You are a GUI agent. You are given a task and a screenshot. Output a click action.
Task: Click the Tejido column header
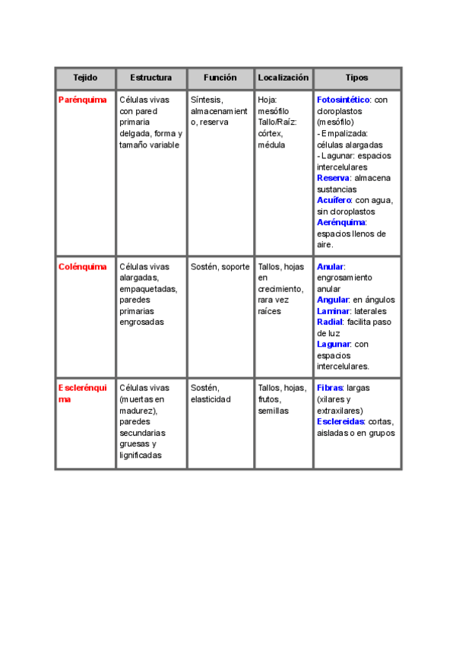85,78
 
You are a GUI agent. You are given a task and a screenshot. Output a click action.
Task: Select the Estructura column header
151,78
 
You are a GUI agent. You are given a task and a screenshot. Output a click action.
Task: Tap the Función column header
220,78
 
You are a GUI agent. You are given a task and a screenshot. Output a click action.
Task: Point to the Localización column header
283,78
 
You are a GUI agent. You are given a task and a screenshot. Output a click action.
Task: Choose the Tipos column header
356,78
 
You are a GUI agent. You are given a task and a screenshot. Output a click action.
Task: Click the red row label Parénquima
83,100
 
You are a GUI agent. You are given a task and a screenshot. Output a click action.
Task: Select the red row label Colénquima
83,267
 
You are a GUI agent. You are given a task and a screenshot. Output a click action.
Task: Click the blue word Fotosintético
343,100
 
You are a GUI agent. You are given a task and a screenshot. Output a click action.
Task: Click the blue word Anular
330,267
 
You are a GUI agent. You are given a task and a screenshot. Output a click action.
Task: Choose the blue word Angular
332,300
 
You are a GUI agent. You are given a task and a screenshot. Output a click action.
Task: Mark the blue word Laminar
333,311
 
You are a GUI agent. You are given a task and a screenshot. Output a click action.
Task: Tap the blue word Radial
329,322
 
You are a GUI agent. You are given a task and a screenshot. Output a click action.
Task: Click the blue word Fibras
330,388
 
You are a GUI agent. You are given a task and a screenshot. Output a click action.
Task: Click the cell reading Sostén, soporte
220,267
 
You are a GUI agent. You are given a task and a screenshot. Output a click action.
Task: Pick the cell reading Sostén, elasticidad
211,393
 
